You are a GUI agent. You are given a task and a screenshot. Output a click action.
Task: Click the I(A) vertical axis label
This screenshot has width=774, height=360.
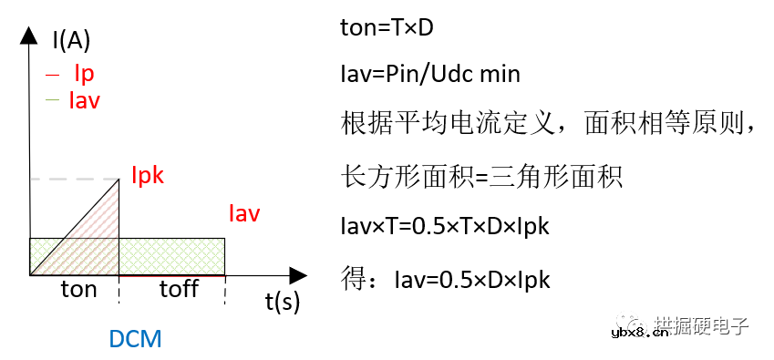71,39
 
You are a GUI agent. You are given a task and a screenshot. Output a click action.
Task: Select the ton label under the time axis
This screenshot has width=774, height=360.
78,290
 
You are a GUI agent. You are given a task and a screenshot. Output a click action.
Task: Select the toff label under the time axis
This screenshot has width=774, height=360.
179,290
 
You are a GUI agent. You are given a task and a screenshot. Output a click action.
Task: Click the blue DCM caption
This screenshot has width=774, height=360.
135,339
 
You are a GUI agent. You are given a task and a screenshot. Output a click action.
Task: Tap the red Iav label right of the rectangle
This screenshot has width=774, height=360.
244,214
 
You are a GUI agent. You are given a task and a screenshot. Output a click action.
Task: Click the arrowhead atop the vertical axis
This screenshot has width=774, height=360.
30,35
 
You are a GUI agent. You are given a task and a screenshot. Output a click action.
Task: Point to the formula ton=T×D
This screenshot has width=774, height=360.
386,28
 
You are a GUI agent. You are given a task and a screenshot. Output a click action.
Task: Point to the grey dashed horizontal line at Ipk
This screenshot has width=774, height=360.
73,180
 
